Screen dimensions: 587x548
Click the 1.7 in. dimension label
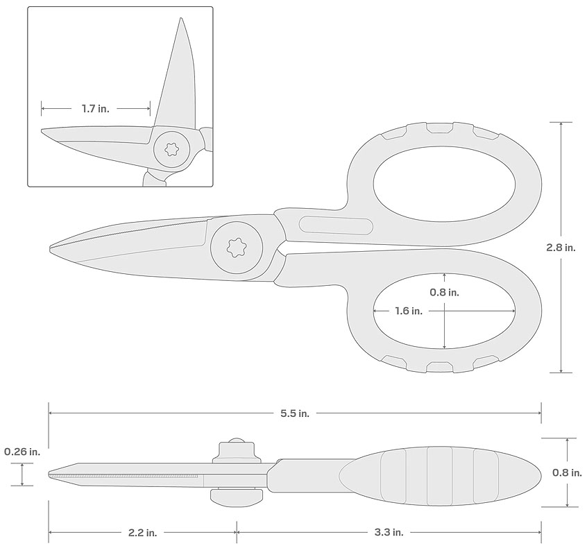coord(96,109)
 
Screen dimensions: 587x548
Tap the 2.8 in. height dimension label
coord(561,248)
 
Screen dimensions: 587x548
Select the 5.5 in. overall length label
coord(295,413)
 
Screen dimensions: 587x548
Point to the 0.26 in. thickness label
coord(22,452)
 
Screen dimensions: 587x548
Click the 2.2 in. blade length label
coord(143,532)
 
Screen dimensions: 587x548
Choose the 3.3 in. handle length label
coord(389,532)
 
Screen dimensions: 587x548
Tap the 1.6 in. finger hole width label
coord(409,311)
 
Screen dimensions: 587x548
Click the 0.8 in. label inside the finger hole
coord(444,292)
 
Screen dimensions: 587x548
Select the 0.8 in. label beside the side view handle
coord(567,473)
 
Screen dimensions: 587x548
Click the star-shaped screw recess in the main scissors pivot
coord(236,247)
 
